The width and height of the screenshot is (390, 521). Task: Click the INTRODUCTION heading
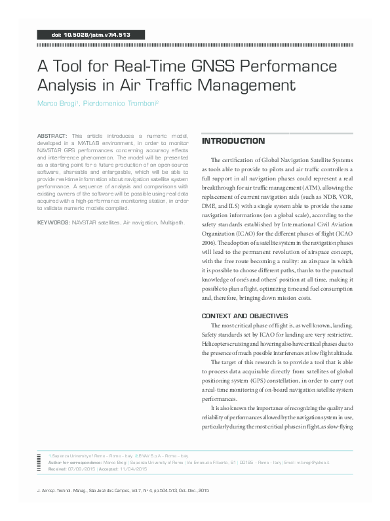pyautogui.click(x=233, y=141)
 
